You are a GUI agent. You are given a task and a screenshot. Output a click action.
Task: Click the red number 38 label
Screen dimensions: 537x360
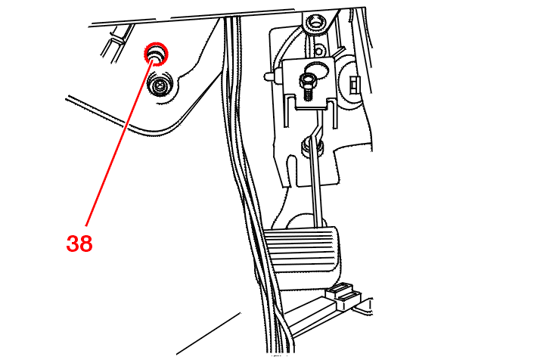tap(79, 244)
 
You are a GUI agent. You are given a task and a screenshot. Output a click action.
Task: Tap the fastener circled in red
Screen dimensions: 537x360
tap(156, 54)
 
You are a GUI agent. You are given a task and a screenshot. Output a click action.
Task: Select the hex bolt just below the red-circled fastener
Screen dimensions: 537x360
tap(160, 85)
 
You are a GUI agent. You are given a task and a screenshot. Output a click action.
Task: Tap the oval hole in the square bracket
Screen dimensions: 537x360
tap(318, 69)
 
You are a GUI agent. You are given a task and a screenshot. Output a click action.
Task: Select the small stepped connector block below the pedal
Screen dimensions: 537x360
tap(343, 295)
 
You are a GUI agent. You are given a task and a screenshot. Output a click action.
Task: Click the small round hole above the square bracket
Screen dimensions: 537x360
tap(318, 52)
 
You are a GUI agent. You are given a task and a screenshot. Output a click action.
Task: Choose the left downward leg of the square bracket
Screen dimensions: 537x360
tap(287, 110)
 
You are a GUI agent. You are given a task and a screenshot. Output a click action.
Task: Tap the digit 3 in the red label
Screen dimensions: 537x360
tap(73, 244)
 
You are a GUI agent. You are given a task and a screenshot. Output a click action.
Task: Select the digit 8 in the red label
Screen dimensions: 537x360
tap(86, 244)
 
